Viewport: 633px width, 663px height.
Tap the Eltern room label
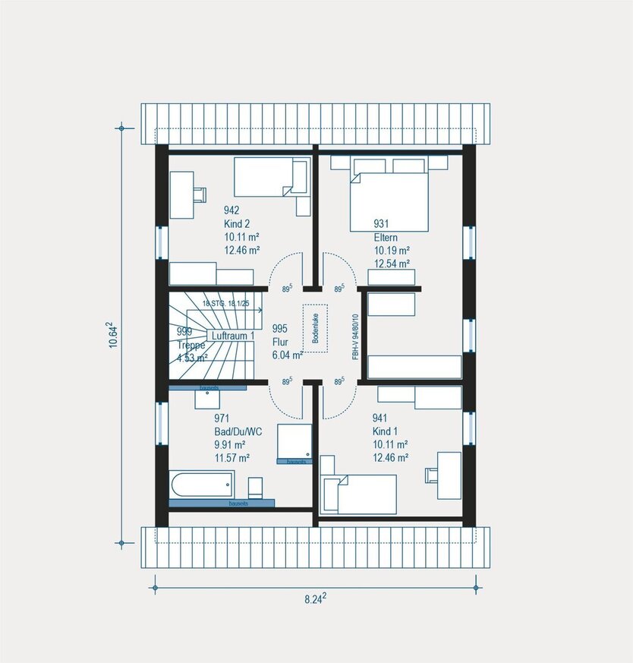click(385, 237)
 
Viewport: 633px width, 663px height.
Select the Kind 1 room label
click(385, 431)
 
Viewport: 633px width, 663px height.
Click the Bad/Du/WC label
click(238, 431)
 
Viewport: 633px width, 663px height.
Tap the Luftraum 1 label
click(231, 335)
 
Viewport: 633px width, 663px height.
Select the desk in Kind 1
click(449, 475)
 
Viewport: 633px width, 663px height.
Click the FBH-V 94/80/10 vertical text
click(355, 336)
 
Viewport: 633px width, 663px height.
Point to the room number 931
click(381, 224)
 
